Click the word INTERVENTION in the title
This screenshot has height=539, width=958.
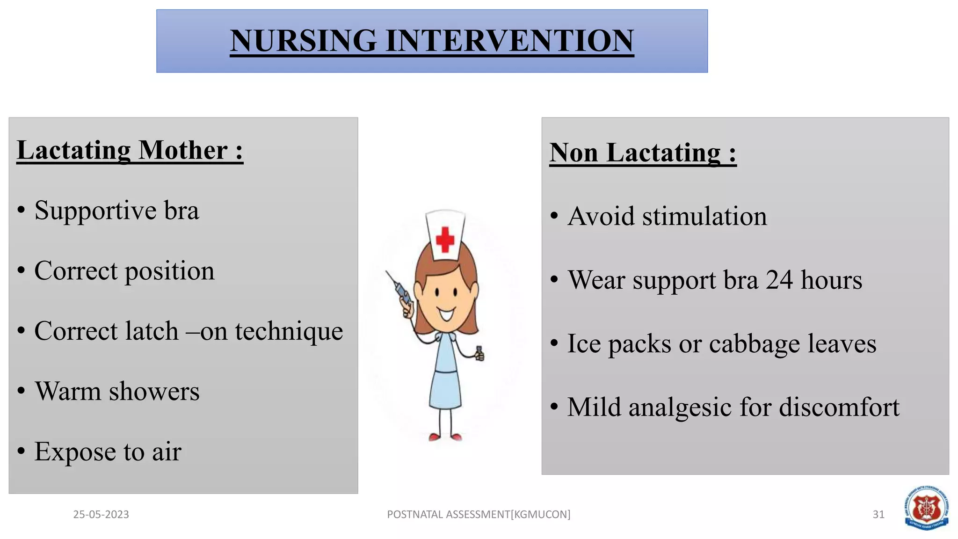509,41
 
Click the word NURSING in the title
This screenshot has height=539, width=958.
303,41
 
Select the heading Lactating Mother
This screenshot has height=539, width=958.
130,151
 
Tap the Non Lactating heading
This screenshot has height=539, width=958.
642,153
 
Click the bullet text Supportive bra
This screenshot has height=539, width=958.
116,211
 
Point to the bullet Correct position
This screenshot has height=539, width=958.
124,271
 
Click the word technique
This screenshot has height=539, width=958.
289,331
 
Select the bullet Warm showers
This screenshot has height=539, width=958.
117,392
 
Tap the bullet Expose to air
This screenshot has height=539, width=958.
108,452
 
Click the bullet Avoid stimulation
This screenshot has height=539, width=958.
667,217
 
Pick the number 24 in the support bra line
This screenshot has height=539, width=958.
779,280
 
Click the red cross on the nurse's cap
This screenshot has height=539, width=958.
445,240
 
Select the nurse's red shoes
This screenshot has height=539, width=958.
445,437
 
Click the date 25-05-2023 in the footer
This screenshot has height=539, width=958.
101,515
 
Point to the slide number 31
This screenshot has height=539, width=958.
878,515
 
